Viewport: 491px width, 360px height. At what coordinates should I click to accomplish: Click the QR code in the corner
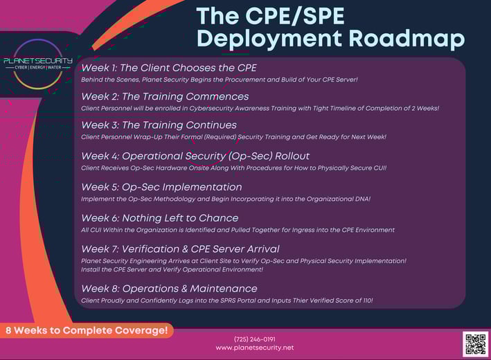pyautogui.click(x=475, y=344)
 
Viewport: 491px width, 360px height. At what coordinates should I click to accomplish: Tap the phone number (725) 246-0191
pyautogui.click(x=255, y=339)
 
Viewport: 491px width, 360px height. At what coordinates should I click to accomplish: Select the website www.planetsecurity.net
pyautogui.click(x=255, y=348)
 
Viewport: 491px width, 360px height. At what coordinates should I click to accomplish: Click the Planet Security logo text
pyautogui.click(x=38, y=60)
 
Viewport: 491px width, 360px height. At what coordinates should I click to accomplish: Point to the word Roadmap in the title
pyautogui.click(x=407, y=39)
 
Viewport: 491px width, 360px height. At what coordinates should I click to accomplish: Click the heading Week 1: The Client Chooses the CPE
pyautogui.click(x=169, y=68)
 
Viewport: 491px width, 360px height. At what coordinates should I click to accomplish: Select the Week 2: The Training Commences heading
pyautogui.click(x=165, y=96)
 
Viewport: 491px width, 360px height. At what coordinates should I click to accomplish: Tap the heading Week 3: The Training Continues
pyautogui.click(x=159, y=125)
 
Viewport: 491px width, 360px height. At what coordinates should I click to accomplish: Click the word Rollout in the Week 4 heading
pyautogui.click(x=292, y=156)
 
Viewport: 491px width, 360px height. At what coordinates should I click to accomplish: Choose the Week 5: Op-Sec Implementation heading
pyautogui.click(x=161, y=187)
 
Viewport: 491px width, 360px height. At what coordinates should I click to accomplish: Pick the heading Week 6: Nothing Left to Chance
pyautogui.click(x=160, y=218)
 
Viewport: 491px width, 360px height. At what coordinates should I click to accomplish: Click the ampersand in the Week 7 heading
pyautogui.click(x=185, y=249)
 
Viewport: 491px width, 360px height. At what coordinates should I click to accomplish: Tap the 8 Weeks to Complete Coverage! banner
pyautogui.click(x=87, y=330)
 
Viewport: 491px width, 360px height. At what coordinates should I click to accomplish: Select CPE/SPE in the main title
pyautogui.click(x=294, y=16)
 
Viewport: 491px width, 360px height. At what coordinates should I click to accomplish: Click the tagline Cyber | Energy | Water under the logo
pyautogui.click(x=38, y=67)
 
